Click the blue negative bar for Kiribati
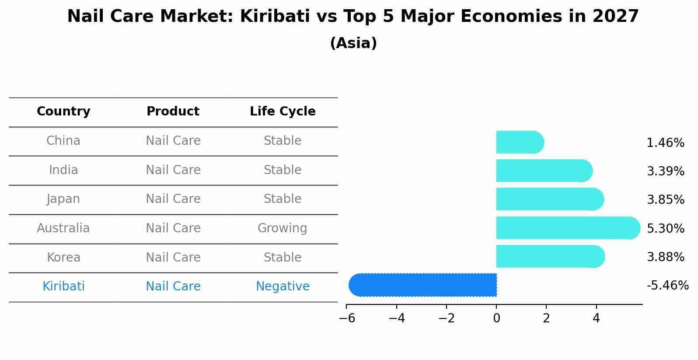(x=422, y=285)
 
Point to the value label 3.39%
(x=665, y=171)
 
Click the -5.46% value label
(x=667, y=286)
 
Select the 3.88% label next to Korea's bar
(x=665, y=257)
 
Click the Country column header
(x=63, y=112)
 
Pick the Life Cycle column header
(x=283, y=112)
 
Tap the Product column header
(x=173, y=112)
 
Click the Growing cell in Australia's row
(x=282, y=228)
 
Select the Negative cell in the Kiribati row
(x=283, y=287)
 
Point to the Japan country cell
(x=63, y=199)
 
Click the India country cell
(x=63, y=170)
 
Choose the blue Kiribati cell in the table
(x=63, y=287)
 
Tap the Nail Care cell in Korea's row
(x=173, y=258)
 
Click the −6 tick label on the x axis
(x=347, y=318)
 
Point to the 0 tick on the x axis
(x=496, y=318)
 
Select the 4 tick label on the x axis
(x=596, y=318)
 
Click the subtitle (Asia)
(x=353, y=43)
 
